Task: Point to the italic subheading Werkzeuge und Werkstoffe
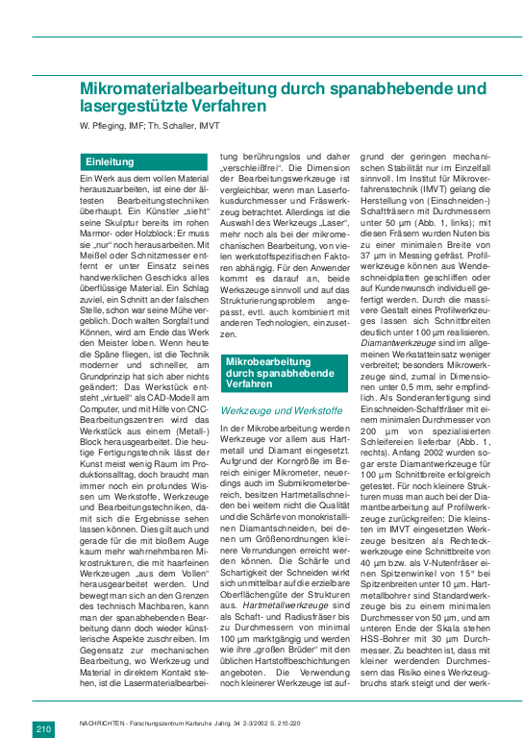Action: click(277, 408)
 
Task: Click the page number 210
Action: click(45, 702)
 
